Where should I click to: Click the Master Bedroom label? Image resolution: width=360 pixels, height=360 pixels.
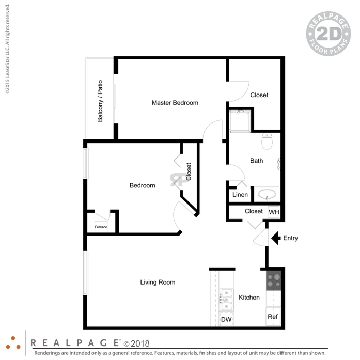[175, 103]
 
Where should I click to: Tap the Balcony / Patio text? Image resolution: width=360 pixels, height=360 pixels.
[100, 101]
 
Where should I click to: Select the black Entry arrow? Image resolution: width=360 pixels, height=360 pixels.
[276, 238]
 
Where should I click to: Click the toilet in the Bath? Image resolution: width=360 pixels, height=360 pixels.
[267, 141]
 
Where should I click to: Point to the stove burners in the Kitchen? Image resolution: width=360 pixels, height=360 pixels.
[273, 280]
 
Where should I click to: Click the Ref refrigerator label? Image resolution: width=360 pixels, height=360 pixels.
[273, 317]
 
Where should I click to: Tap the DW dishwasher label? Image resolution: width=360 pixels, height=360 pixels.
[226, 319]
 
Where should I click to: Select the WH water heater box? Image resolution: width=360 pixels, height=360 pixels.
[274, 212]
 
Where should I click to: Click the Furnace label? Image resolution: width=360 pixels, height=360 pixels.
[101, 227]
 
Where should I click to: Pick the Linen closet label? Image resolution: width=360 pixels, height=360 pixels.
[240, 195]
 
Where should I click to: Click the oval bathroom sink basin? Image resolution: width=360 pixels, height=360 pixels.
[267, 194]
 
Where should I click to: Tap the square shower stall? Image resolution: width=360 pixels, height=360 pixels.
[240, 121]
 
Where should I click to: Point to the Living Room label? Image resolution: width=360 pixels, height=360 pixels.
[158, 282]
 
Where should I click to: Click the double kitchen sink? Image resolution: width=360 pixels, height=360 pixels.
[226, 300]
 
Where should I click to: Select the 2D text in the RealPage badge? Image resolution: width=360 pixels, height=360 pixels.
[328, 34]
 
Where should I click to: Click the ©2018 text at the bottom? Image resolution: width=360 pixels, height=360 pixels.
[136, 343]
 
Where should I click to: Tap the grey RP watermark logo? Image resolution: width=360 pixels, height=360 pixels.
[179, 180]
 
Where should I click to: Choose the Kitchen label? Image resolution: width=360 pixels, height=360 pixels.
[249, 298]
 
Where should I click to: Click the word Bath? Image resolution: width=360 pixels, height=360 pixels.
[257, 161]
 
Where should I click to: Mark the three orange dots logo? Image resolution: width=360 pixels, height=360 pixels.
[13, 343]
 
